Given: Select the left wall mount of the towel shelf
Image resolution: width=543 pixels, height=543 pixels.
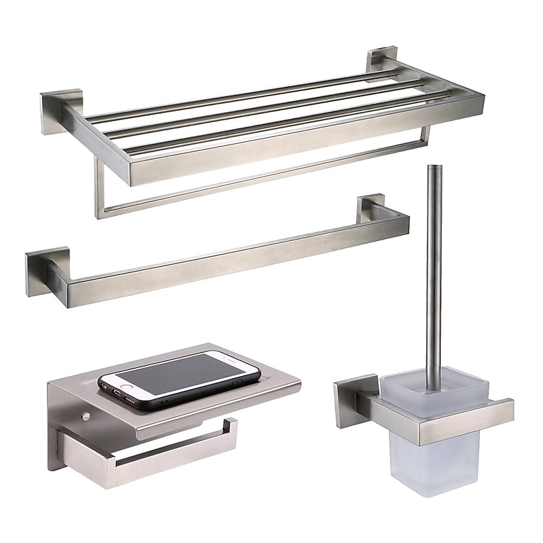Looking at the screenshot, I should coord(54,113).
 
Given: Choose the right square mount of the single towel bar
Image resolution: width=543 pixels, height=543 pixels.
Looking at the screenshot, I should coord(373,207).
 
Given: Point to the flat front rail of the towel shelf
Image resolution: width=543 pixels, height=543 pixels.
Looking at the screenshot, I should coord(305,143).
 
